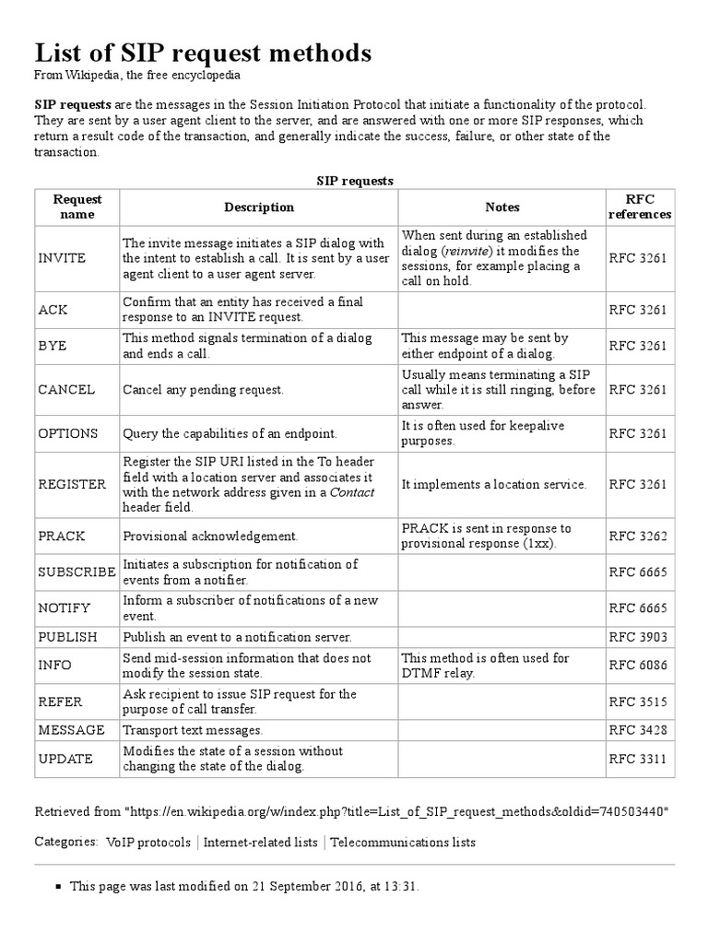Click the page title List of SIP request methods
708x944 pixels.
[203, 53]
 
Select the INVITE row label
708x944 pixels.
[62, 258]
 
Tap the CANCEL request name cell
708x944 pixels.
[66, 390]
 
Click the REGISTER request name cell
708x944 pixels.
[72, 485]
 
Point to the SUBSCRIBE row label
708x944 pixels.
[77, 572]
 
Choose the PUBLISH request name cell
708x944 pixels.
[69, 637]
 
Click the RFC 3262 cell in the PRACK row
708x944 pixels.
[637, 537]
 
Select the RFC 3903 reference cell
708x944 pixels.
[637, 637]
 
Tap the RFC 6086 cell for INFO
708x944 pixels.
[637, 666]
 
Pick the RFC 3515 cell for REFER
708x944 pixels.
[637, 702]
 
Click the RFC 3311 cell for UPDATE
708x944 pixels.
[637, 760]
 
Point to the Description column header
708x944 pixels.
[259, 207]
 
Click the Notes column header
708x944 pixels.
[502, 207]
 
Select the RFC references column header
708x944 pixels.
[640, 207]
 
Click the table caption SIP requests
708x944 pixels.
[355, 182]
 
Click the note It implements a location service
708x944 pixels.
[494, 485]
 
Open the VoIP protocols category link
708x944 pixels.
[148, 842]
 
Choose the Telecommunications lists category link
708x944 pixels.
[403, 842]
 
